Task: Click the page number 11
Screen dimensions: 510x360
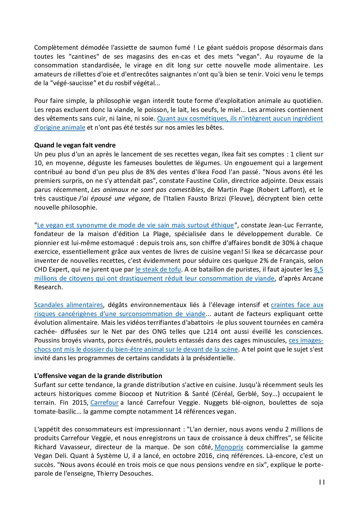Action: tap(321, 482)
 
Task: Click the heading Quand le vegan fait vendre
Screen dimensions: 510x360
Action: tap(75, 145)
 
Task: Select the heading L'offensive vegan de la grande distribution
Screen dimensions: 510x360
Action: tap(98, 376)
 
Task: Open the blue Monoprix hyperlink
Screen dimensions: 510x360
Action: tap(229, 447)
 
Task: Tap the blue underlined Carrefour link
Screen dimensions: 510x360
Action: tap(104, 402)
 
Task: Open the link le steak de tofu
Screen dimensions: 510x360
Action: tap(158, 269)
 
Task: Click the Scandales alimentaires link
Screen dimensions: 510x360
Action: tap(68, 305)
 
